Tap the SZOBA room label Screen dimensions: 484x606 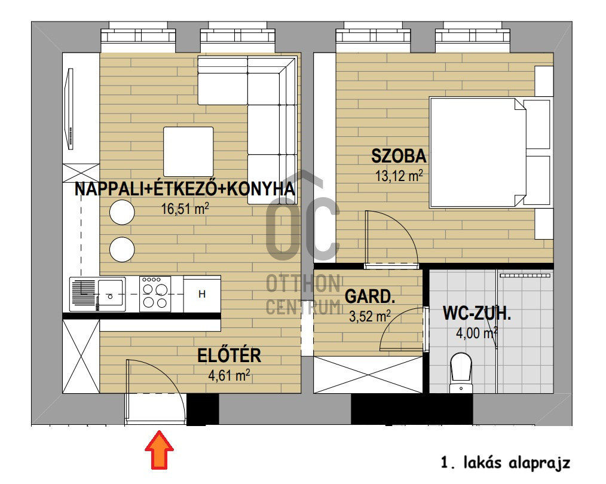pyautogui.click(x=399, y=157)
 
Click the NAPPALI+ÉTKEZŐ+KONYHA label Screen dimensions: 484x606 pyautogui.click(x=185, y=189)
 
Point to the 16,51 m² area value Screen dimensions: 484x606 pyautogui.click(x=185, y=209)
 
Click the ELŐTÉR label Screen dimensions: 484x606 pyautogui.click(x=229, y=356)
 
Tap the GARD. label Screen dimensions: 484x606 pyautogui.click(x=370, y=296)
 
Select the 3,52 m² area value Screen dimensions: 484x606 pyautogui.click(x=369, y=315)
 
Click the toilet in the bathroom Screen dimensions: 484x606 pyautogui.click(x=461, y=370)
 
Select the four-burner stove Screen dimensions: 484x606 pyautogui.click(x=155, y=294)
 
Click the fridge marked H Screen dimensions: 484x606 pyautogui.click(x=202, y=294)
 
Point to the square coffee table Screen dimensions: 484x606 pyautogui.click(x=188, y=151)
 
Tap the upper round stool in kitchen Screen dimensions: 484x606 pyautogui.click(x=122, y=213)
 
